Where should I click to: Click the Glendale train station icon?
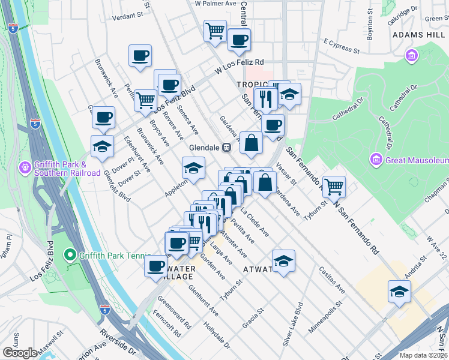point(228,147)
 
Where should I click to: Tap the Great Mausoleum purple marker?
point(376,160)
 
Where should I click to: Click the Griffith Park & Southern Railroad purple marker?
point(25,165)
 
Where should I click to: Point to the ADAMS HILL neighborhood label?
point(418,35)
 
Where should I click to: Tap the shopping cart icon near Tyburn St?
point(334,185)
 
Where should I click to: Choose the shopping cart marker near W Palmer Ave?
point(215,30)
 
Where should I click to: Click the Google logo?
point(20,353)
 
